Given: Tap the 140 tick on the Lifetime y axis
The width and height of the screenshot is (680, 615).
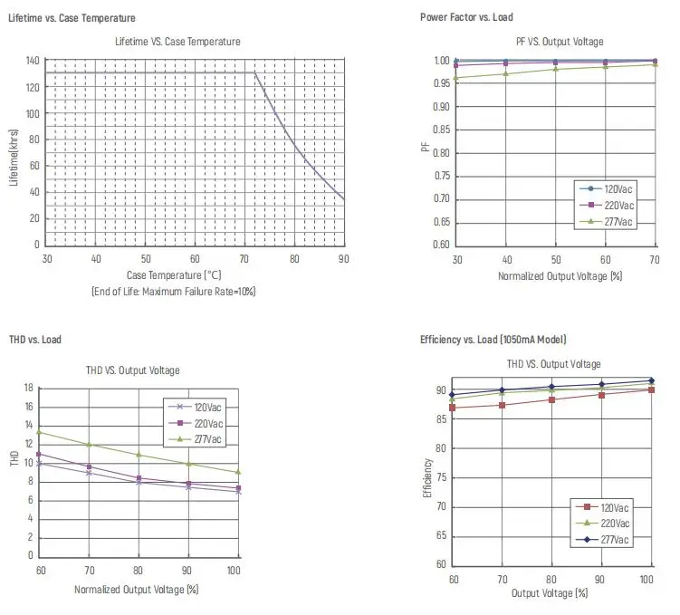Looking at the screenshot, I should [33, 61].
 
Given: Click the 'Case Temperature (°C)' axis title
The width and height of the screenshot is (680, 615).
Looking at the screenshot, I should [174, 274].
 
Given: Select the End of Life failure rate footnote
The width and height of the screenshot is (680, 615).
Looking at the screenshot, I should [174, 292].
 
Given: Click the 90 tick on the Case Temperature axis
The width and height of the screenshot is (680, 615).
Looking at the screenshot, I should [344, 259].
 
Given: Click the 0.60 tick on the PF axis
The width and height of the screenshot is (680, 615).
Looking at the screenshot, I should [442, 245].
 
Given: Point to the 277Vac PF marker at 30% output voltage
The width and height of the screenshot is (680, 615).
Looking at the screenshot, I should [455, 78].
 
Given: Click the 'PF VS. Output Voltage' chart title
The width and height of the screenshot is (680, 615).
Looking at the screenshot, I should [559, 42].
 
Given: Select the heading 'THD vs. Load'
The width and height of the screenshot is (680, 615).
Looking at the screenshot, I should [35, 340].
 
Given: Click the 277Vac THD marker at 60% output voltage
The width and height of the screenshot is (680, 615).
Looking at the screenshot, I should [39, 432].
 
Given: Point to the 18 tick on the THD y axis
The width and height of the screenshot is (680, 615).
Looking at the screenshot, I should [29, 388].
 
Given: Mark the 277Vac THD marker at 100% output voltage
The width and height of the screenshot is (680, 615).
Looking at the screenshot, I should [238, 472].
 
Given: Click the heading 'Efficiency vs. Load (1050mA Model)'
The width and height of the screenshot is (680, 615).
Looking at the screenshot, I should [493, 340].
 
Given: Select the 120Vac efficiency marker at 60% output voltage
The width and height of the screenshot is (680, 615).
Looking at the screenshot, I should [453, 408].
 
